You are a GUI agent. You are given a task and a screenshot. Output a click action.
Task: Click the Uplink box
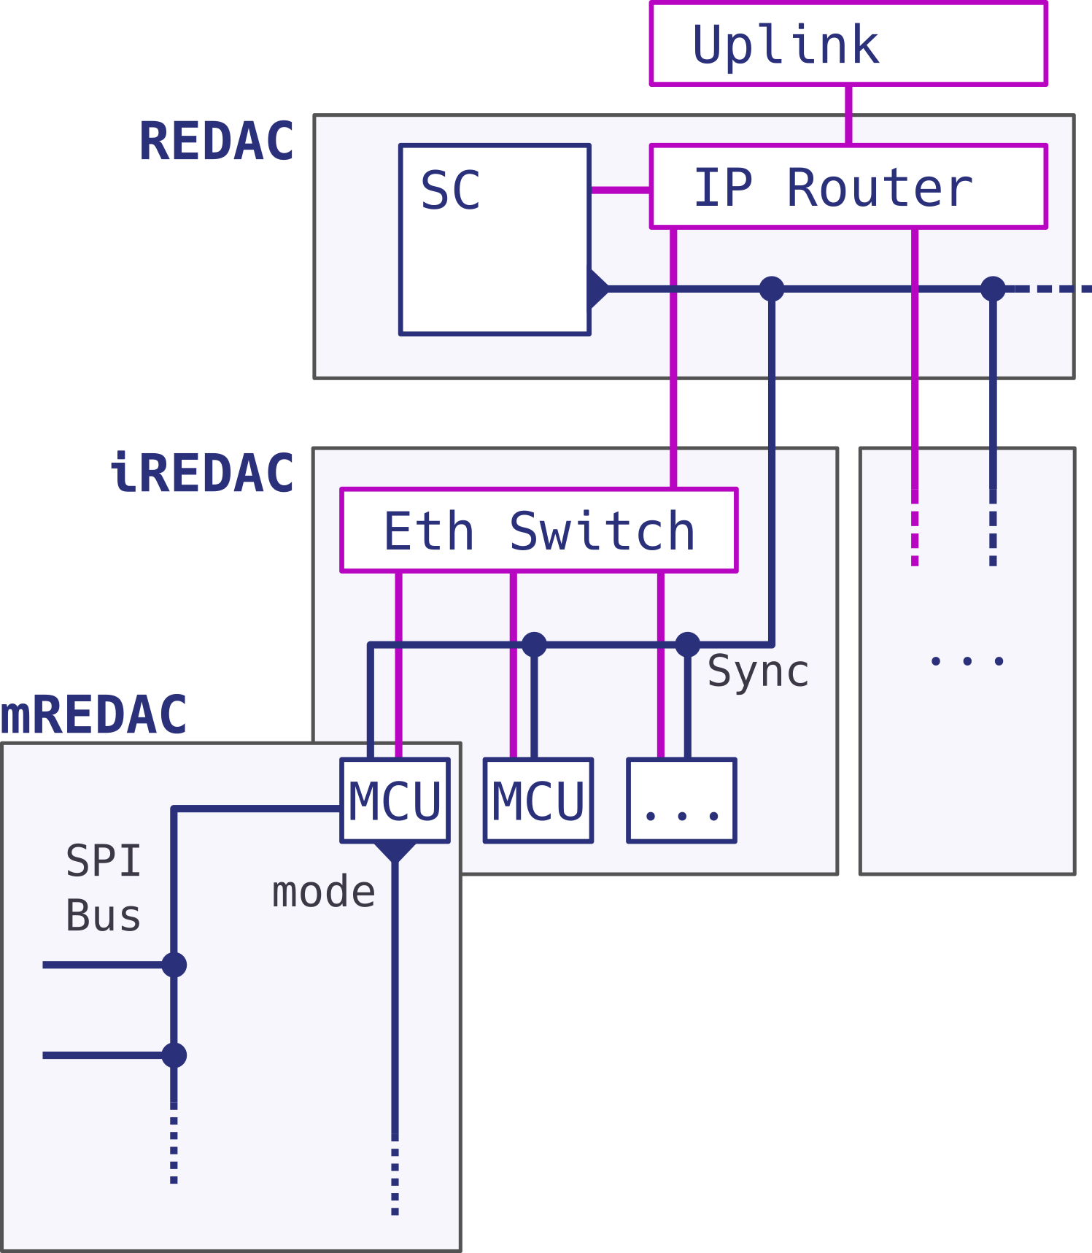pyautogui.click(x=848, y=44)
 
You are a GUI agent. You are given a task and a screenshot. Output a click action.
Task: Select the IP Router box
pyautogui.click(x=848, y=187)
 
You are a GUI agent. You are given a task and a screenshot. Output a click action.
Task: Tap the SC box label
pyautogui.click(x=450, y=190)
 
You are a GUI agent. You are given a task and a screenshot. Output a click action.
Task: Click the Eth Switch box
pyautogui.click(x=538, y=531)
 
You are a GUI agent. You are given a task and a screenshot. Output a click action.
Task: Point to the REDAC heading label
pyautogui.click(x=217, y=142)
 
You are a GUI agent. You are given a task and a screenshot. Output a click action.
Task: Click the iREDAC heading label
pyautogui.click(x=203, y=473)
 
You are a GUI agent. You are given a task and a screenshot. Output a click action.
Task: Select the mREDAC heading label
pyautogui.click(x=93, y=715)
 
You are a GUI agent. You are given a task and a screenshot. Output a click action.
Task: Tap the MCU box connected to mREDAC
pyautogui.click(x=395, y=801)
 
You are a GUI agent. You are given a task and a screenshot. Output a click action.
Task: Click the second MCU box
pyautogui.click(x=538, y=801)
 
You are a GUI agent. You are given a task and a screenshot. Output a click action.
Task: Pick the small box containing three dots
pyautogui.click(x=681, y=801)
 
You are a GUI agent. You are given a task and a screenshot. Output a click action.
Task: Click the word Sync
pyautogui.click(x=758, y=671)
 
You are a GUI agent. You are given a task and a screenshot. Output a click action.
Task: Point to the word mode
pyautogui.click(x=323, y=892)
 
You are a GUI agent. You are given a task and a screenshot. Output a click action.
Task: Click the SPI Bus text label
pyautogui.click(x=103, y=888)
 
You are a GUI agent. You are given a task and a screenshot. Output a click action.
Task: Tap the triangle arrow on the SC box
pyautogui.click(x=597, y=289)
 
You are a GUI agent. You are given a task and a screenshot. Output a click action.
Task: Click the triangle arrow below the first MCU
pyautogui.click(x=395, y=851)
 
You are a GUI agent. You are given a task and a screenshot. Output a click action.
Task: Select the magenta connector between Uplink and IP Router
pyautogui.click(x=848, y=115)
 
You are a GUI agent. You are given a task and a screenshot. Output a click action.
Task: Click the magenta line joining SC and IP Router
pyautogui.click(x=620, y=190)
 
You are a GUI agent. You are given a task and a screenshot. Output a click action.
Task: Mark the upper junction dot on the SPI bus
pyautogui.click(x=174, y=965)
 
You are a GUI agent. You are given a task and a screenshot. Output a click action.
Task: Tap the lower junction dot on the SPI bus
pyautogui.click(x=174, y=1055)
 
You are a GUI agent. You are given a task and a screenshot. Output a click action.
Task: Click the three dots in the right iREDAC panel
pyautogui.click(x=967, y=661)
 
